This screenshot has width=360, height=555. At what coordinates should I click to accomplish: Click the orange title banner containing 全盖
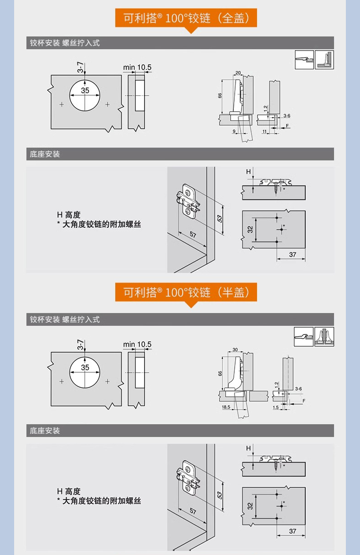tap(186, 18)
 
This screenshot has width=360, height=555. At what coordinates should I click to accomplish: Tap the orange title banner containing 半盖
tap(186, 292)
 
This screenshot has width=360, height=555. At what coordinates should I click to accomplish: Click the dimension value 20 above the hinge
tap(238, 73)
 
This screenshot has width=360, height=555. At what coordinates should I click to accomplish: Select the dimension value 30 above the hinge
tap(235, 349)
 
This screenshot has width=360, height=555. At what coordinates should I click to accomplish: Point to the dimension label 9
tap(234, 131)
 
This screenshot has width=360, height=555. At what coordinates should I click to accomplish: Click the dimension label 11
tap(265, 131)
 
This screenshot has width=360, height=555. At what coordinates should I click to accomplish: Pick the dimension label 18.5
tap(226, 407)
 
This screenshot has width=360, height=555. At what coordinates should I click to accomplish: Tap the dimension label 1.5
tap(276, 407)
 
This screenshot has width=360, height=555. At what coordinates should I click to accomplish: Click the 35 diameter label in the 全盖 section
tap(85, 90)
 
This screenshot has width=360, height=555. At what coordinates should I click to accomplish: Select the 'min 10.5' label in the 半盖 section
tap(137, 344)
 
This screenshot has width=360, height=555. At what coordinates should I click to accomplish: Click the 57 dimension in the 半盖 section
tap(193, 511)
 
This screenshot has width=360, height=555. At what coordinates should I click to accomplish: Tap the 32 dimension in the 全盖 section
tap(250, 230)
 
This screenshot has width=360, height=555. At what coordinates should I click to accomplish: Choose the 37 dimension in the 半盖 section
tap(293, 531)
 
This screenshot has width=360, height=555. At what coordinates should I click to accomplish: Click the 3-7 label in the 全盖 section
tap(81, 67)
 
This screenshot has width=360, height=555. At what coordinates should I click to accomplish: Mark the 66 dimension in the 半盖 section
tap(220, 373)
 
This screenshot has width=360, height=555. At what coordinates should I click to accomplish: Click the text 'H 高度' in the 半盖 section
tap(69, 491)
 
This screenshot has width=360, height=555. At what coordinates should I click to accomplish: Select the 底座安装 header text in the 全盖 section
tap(45, 154)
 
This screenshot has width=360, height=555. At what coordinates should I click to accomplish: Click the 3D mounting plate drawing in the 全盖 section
tap(188, 203)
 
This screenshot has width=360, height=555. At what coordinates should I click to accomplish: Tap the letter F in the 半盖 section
tap(304, 401)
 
